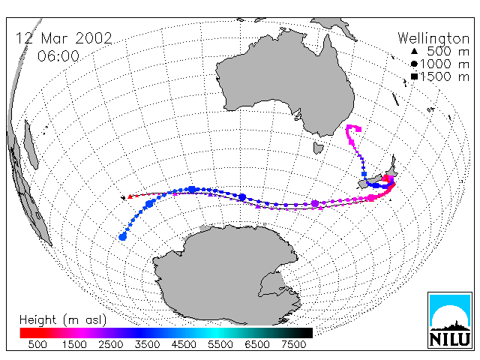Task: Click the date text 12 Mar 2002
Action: (64, 38)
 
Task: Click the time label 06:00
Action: (58, 56)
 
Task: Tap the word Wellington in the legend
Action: (433, 39)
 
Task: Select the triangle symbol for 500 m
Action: (414, 51)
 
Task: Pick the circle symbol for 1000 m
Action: (414, 64)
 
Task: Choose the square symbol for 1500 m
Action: (414, 76)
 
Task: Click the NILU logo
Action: (450, 320)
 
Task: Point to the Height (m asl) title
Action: (63, 320)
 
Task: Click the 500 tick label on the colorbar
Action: (37, 344)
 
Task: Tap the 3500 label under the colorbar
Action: (147, 344)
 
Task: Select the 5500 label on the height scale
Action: (220, 344)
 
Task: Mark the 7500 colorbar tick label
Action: (293, 344)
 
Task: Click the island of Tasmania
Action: (318, 148)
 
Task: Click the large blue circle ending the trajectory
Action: (123, 237)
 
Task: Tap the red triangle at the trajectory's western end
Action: (130, 196)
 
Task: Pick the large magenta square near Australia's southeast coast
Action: (358, 129)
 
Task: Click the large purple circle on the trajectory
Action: (315, 203)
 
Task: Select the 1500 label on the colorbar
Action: (74, 344)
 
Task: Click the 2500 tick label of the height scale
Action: (111, 344)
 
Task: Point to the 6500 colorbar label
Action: (256, 344)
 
